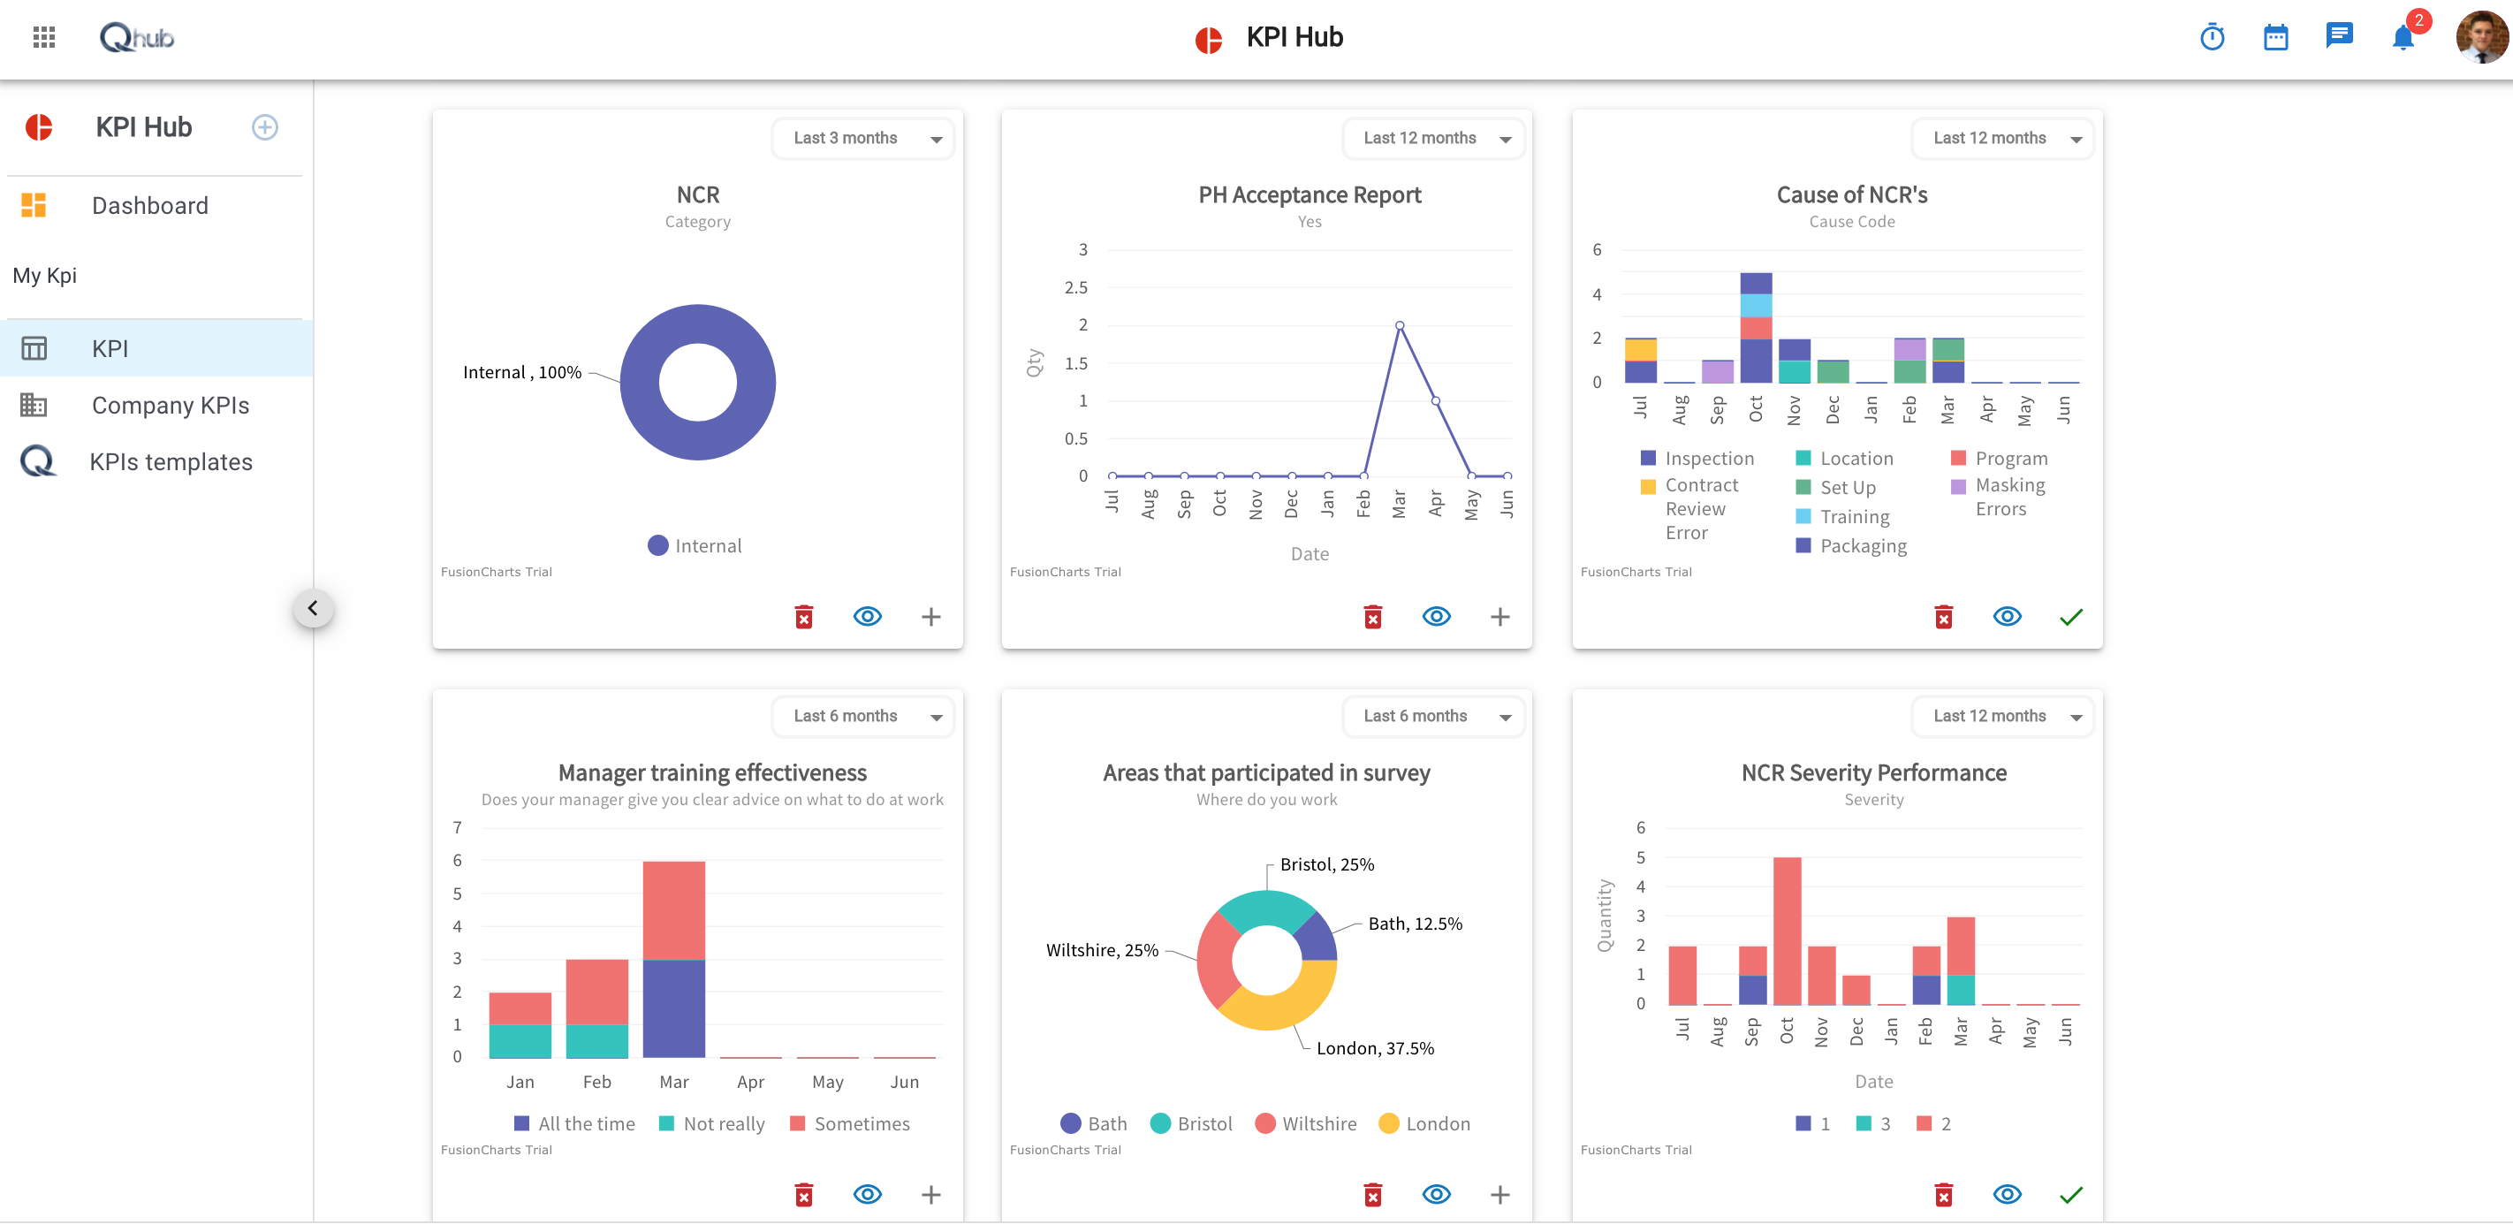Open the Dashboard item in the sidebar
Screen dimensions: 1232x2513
point(149,206)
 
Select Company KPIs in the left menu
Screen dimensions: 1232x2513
point(170,406)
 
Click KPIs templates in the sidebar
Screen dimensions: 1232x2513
point(171,462)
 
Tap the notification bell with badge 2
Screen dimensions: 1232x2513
point(2403,38)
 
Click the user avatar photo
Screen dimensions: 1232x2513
point(2481,37)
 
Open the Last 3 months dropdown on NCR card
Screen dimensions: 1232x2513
point(863,139)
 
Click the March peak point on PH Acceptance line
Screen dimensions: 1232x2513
point(1399,326)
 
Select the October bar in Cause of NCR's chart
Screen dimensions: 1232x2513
point(1756,328)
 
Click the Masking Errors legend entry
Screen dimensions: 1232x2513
point(2008,497)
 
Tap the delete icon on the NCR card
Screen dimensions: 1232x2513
point(804,617)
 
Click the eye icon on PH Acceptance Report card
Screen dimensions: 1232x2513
point(1436,617)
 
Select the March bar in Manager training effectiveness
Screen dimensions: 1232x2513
point(674,959)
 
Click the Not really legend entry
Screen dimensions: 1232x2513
point(723,1123)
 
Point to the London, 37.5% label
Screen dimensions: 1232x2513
point(1375,1049)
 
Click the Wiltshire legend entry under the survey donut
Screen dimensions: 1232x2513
point(1318,1123)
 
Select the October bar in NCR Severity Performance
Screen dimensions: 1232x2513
point(1788,931)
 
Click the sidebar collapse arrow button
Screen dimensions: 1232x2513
point(313,609)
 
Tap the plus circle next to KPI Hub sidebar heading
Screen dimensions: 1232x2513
point(264,128)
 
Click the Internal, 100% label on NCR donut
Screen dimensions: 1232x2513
point(522,373)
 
